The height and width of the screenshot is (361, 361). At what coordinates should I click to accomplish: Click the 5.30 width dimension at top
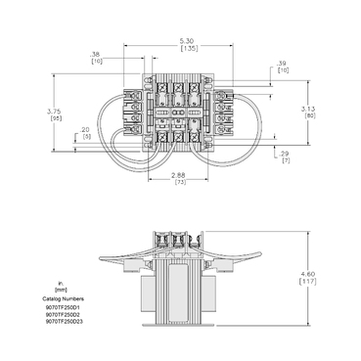tap(186, 38)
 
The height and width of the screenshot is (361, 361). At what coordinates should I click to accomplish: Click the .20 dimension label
tap(86, 130)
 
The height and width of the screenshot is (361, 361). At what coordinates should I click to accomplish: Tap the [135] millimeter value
tap(186, 46)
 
